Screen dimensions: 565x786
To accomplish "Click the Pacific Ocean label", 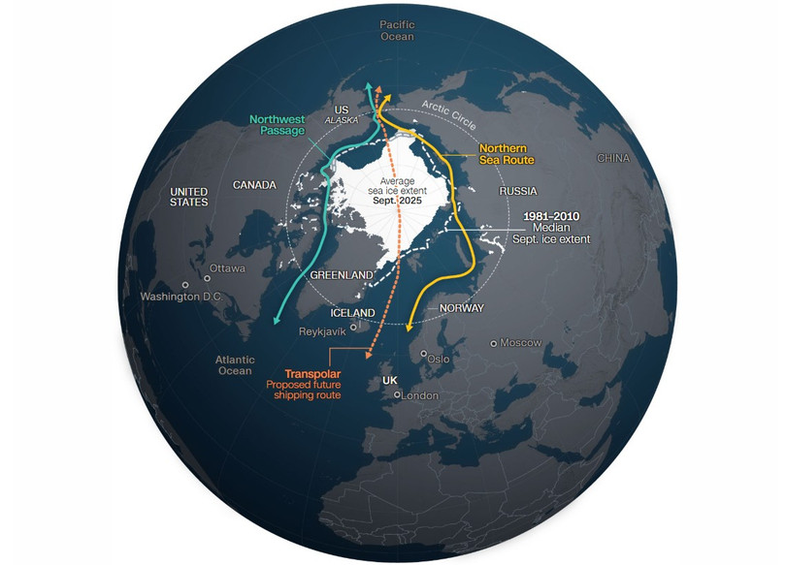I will [x=397, y=29].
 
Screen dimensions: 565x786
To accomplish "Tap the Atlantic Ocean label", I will [x=234, y=364].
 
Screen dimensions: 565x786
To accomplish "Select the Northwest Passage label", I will [x=278, y=124].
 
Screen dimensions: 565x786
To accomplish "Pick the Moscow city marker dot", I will [x=494, y=343].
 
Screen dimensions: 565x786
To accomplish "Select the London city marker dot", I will [x=396, y=395].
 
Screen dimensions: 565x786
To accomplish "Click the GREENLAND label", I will [x=342, y=276].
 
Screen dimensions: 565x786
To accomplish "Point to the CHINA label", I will [x=612, y=158].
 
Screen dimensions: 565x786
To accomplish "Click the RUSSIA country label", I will [x=518, y=192].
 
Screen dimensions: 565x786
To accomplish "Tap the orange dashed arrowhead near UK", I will [x=369, y=358].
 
